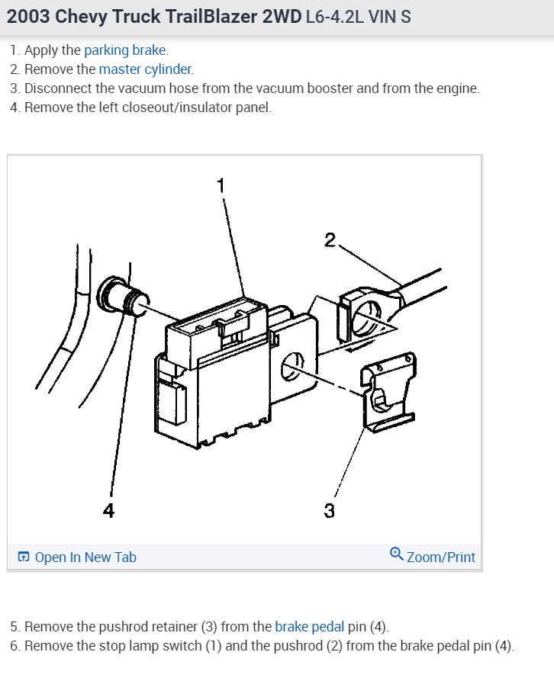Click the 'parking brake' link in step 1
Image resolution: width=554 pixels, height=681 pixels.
[x=124, y=50]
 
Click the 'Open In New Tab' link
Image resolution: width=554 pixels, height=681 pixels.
[x=85, y=557]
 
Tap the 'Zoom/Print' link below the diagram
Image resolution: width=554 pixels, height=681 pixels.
[x=441, y=557]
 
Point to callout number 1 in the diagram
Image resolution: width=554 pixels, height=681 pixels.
[x=221, y=185]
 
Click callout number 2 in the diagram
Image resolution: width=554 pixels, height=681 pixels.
[x=330, y=240]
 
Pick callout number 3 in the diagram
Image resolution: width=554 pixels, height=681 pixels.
[x=329, y=510]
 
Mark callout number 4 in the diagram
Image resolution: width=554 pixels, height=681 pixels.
[x=108, y=510]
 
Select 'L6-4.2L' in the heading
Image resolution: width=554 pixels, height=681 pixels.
[x=334, y=17]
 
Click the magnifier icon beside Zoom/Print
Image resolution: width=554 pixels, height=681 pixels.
[x=396, y=554]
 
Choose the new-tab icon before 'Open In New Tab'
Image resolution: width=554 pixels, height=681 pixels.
[x=24, y=557]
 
